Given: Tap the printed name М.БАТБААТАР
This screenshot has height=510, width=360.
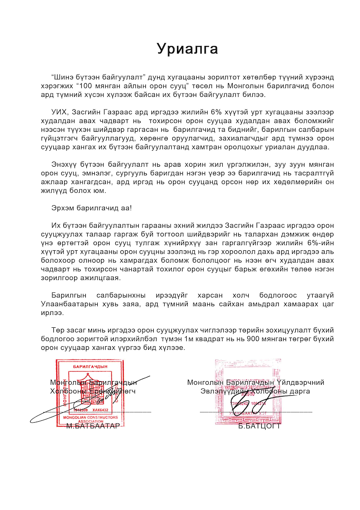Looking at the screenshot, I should (92, 426).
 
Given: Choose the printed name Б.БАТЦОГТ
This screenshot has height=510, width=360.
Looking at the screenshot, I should (260, 426).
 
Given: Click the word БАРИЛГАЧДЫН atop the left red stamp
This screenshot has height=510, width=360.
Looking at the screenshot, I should (87, 366).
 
